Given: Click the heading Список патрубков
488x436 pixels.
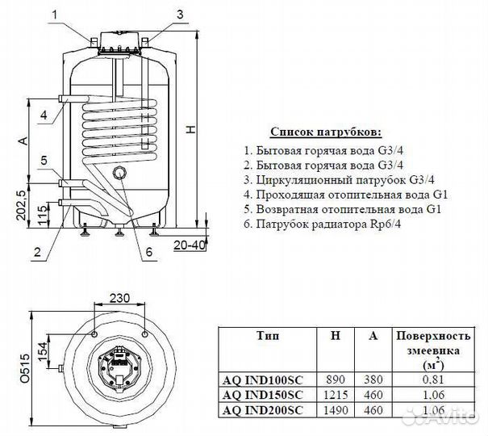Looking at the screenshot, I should (x=325, y=132).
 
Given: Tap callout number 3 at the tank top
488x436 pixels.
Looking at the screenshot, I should (x=179, y=14).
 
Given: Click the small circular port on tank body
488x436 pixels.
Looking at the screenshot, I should (x=119, y=172).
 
